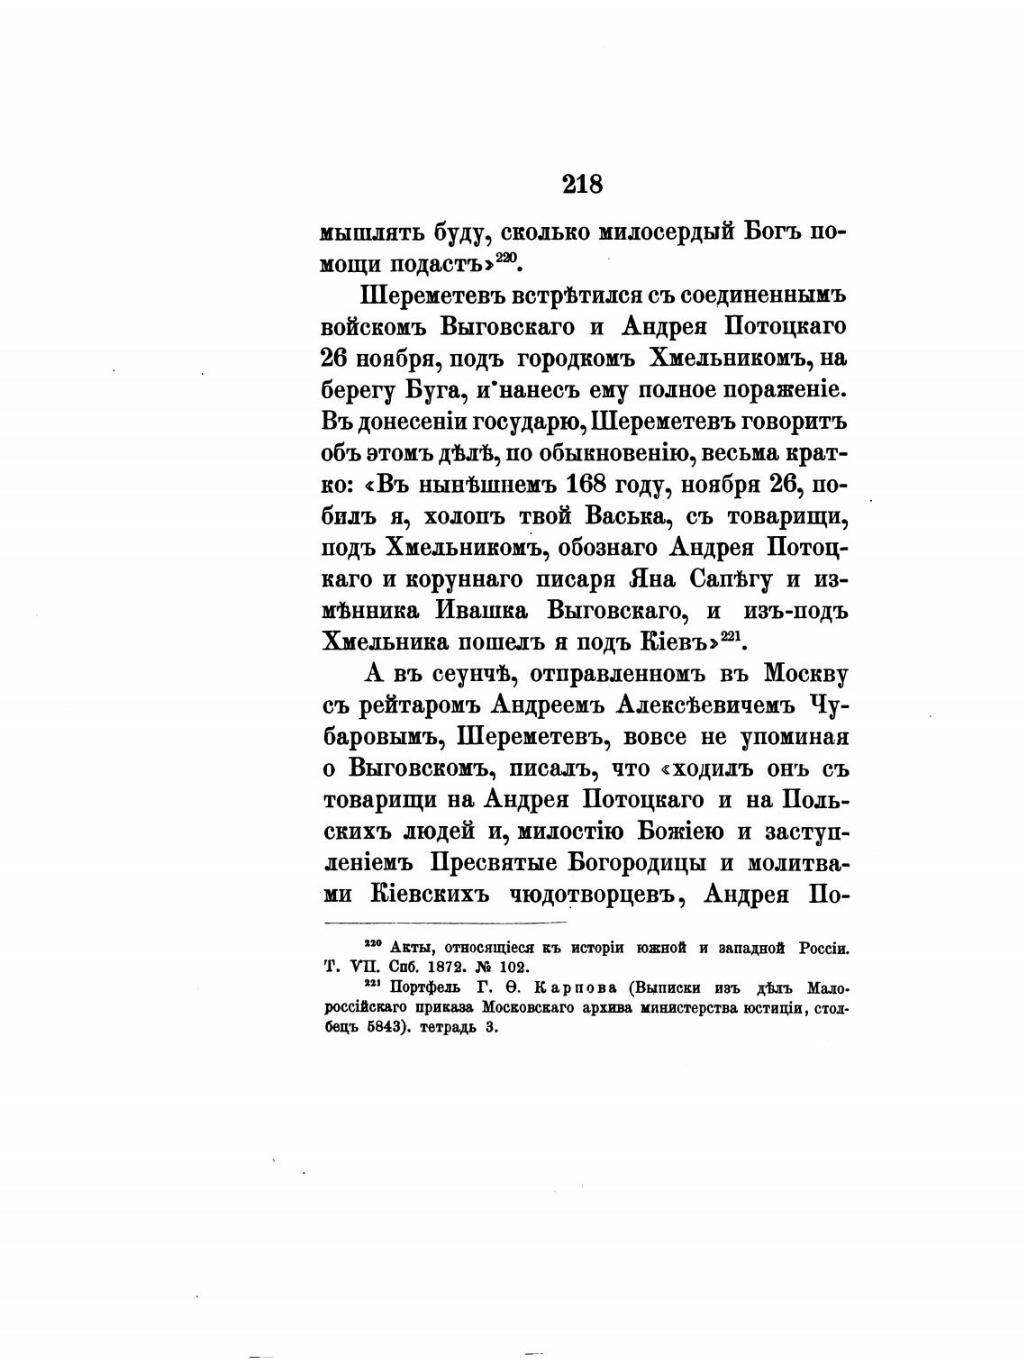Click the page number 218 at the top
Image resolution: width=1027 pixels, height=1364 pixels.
click(x=582, y=185)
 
